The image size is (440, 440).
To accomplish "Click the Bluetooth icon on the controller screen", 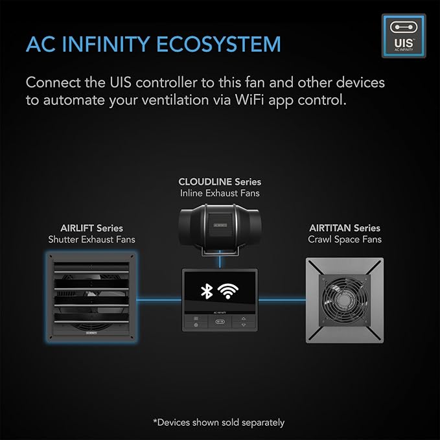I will tap(206, 291).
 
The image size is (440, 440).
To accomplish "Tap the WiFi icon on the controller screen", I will tap(227, 291).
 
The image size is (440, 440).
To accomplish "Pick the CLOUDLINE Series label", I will tap(220, 182).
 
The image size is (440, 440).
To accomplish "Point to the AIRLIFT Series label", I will tap(91, 228).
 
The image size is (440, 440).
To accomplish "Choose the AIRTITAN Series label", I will tap(344, 228).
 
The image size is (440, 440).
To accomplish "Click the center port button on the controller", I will tap(220, 322).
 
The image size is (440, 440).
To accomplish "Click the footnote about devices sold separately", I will tap(220, 423).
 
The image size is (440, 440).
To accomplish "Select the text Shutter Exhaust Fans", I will tap(91, 240).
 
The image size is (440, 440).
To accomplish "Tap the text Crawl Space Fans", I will tap(344, 240).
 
